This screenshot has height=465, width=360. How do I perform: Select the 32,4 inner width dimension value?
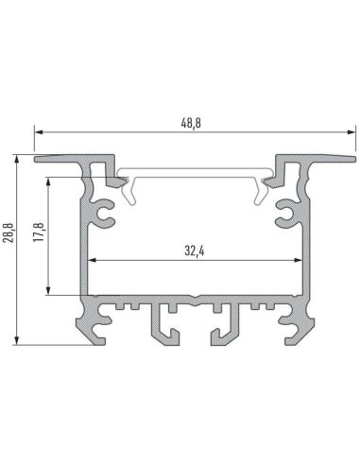coord(196,250)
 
